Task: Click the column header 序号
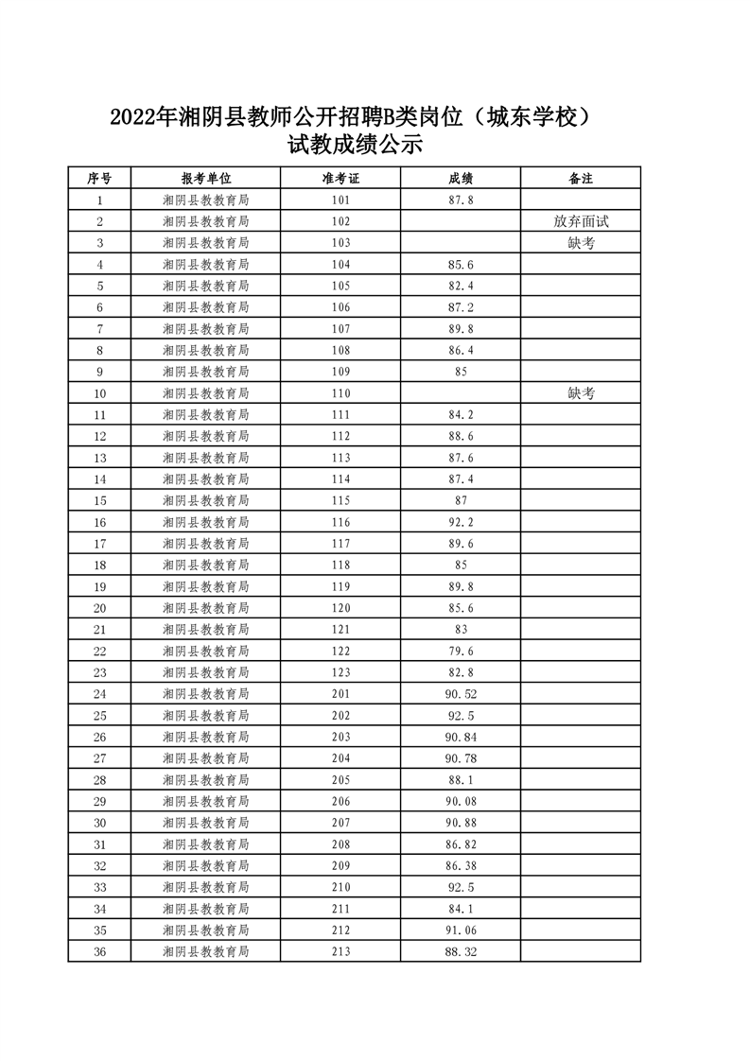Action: tap(99, 178)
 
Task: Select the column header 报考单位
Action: tap(205, 178)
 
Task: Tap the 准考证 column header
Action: tap(340, 178)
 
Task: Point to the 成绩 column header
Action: tap(461, 178)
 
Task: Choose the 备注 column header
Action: tap(581, 178)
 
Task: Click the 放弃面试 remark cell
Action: tap(581, 221)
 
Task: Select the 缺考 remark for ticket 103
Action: tap(581, 243)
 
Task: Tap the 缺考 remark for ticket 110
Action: tap(581, 393)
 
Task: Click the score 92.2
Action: tap(461, 522)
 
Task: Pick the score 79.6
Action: tap(461, 652)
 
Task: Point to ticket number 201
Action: tap(340, 694)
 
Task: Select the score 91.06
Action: tap(461, 931)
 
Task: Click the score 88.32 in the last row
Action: tap(461, 951)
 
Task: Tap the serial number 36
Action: tap(99, 951)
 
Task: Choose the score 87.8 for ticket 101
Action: tap(461, 200)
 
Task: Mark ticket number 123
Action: tap(340, 672)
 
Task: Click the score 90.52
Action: tap(461, 694)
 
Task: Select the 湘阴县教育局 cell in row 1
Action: tap(205, 200)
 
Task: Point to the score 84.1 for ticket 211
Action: tap(461, 909)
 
